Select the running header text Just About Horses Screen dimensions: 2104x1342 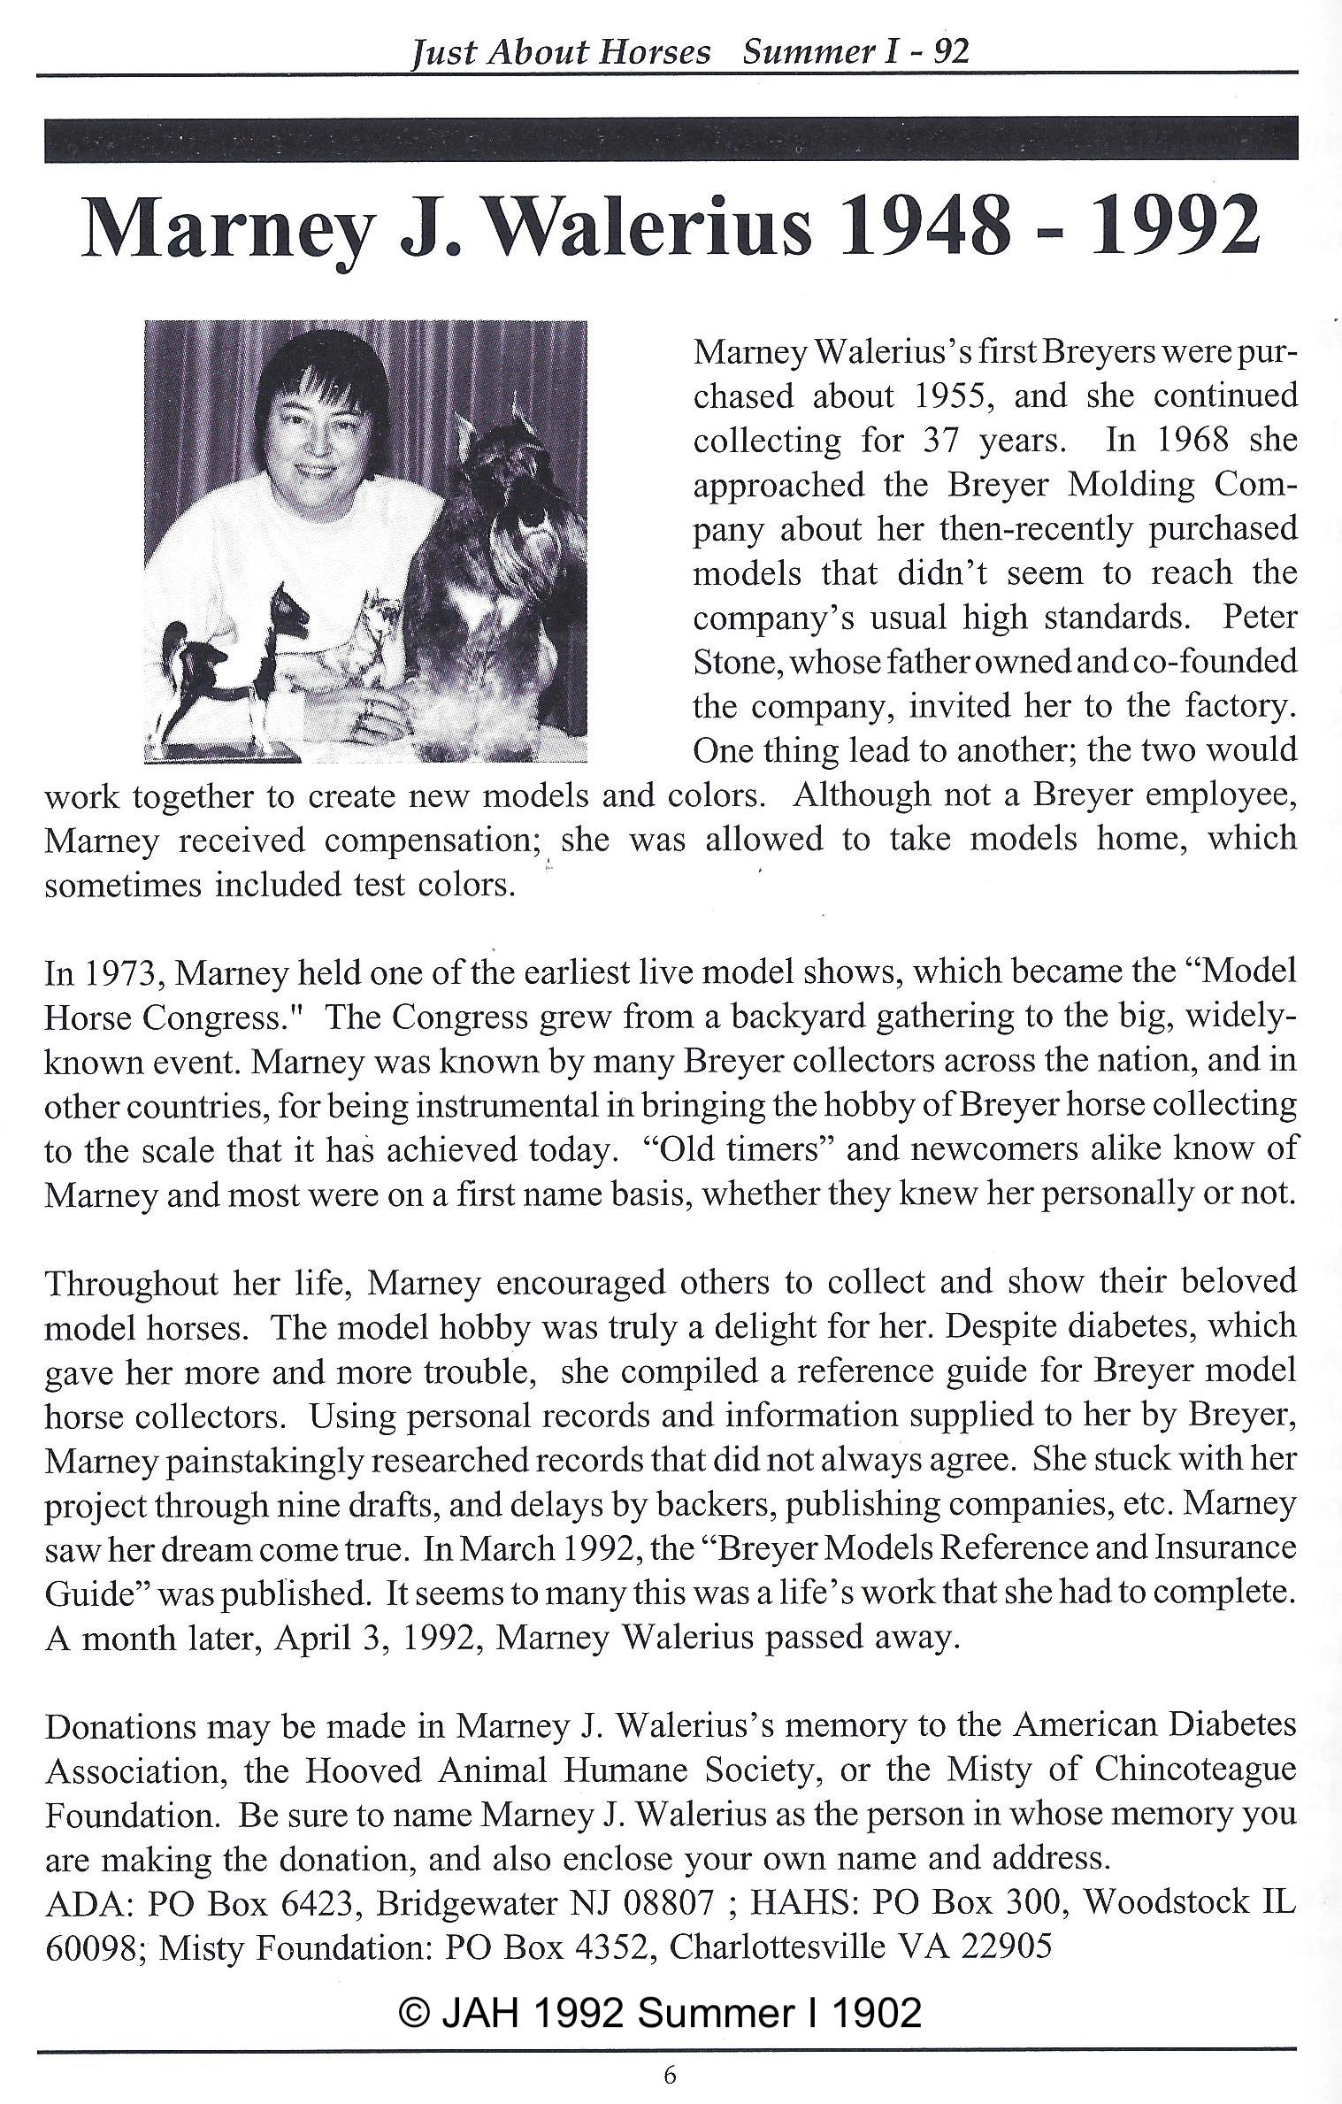[561, 53]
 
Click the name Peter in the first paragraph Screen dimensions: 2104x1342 [1260, 618]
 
